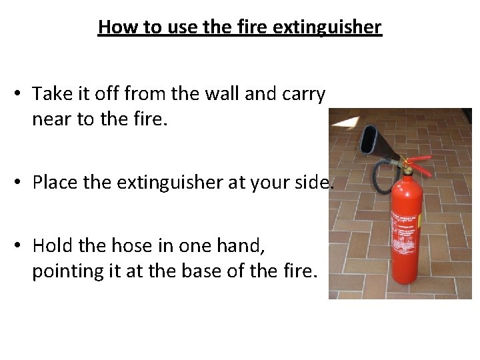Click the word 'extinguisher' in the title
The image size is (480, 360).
(327, 27)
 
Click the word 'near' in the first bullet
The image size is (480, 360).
(51, 119)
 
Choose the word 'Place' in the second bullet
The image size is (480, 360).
(55, 182)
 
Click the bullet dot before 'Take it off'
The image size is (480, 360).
(17, 93)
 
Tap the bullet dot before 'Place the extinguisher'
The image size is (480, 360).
(17, 182)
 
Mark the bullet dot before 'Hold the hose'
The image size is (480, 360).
(17, 245)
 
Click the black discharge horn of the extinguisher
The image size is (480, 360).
(379, 143)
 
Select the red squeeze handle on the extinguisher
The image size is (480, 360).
(419, 165)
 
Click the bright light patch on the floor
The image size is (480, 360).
(345, 122)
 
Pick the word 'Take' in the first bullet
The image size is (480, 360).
(52, 93)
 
